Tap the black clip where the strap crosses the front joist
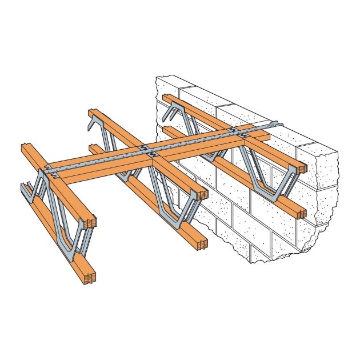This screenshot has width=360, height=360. tap(53, 170)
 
